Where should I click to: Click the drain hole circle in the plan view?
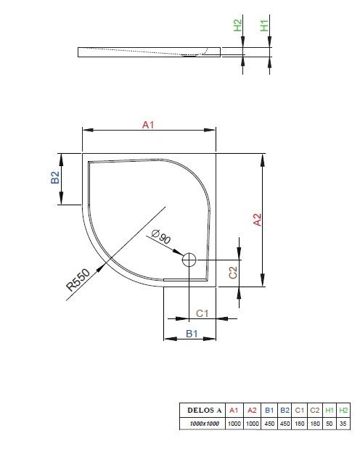(189, 259)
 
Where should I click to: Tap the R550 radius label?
(78, 279)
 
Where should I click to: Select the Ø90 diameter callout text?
(160, 237)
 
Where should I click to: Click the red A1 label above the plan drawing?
(148, 125)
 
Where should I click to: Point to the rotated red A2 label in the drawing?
(256, 219)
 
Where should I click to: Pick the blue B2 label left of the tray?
(55, 178)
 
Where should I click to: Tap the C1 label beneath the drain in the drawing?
(203, 313)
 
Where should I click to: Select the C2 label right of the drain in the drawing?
(233, 272)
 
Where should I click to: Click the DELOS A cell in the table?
(201, 411)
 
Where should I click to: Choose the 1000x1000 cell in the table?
(201, 424)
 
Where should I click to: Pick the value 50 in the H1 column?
(329, 424)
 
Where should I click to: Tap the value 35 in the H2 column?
(344, 424)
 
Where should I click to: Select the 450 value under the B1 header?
(269, 424)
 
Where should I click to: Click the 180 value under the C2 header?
(314, 424)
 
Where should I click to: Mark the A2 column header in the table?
(252, 411)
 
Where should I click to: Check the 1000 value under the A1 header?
(234, 424)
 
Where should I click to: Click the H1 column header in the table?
(329, 411)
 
